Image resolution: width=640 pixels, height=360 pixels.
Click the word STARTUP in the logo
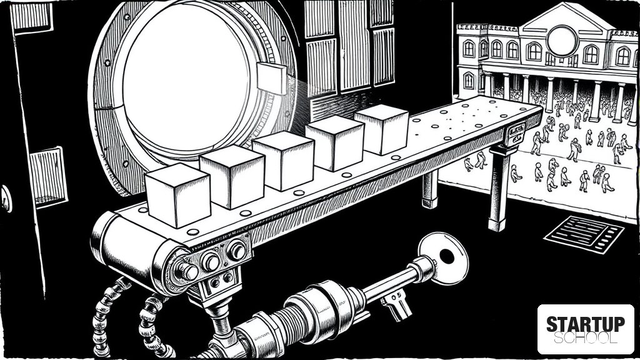coord(586,324)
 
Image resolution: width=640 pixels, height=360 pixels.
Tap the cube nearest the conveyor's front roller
coord(178,195)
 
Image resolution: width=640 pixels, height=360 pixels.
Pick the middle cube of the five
coord(283,161)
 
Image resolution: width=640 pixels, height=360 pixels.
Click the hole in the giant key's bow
coord(446,256)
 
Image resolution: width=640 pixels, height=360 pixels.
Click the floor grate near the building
coord(584,234)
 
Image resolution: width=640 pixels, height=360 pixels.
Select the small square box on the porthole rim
coord(272,78)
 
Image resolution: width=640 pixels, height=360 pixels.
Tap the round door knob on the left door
coord(6,198)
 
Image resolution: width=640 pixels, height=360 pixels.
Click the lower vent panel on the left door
coord(48,177)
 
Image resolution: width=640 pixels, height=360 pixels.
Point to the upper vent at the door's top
coord(31,17)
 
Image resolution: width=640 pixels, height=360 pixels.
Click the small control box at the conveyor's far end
coord(514,134)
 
